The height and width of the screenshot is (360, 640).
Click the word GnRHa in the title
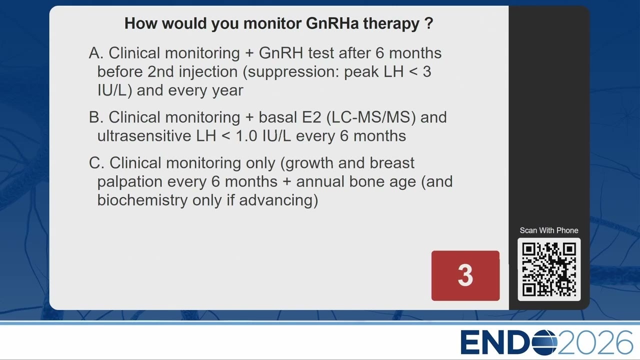[x=332, y=23]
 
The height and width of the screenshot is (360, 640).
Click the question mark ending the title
[x=429, y=23]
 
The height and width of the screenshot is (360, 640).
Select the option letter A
[x=96, y=53]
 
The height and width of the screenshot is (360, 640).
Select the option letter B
[x=96, y=117]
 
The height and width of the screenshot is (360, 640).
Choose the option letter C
[x=96, y=163]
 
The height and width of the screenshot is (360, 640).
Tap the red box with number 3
[x=465, y=275]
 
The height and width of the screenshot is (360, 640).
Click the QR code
[x=549, y=269]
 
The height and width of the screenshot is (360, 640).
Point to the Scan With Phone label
[x=549, y=230]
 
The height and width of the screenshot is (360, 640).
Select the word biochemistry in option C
[x=142, y=200]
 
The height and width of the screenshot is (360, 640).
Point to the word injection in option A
[x=208, y=71]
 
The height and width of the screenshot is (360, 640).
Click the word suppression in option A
[x=293, y=72]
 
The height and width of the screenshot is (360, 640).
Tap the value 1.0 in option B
[x=246, y=136]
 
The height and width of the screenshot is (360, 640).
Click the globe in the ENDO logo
[x=545, y=342]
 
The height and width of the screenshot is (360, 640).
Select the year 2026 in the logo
[x=595, y=342]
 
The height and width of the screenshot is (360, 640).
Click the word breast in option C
[x=392, y=163]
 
